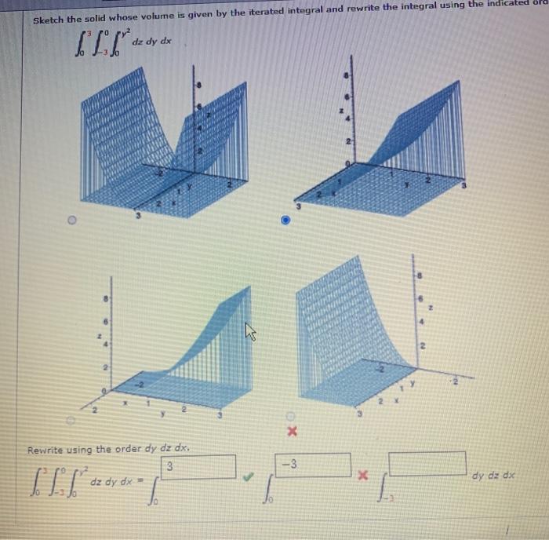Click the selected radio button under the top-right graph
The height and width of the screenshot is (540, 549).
pyautogui.click(x=287, y=223)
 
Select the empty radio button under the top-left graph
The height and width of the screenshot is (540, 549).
pyautogui.click(x=72, y=222)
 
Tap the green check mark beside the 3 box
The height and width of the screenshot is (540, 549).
pyautogui.click(x=249, y=475)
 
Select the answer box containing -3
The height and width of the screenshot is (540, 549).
pyautogui.click(x=312, y=465)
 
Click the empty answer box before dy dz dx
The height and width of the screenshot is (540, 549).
pyautogui.click(x=427, y=463)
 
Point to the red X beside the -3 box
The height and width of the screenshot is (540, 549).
pyautogui.click(x=362, y=476)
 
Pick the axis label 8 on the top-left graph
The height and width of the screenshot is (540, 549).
pyautogui.click(x=200, y=83)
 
